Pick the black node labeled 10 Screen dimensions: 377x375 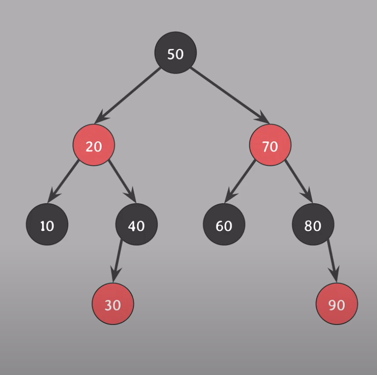pyautogui.click(x=47, y=225)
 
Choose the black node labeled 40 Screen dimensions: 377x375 pyautogui.click(x=136, y=225)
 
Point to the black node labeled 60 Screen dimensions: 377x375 pyautogui.click(x=224, y=225)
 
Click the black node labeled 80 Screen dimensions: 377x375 pyautogui.click(x=313, y=225)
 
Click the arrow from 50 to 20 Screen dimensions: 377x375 pyautogui.click(x=130, y=94)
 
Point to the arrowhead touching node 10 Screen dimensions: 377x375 pyautogui.click(x=51, y=198)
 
